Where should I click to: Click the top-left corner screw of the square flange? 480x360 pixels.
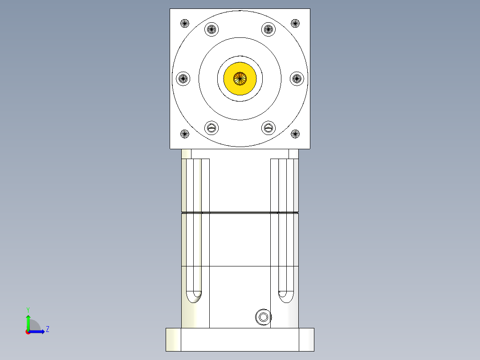tap(185, 23)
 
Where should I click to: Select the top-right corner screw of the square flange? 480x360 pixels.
tap(295, 23)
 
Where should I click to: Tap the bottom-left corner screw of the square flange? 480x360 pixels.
tap(185, 133)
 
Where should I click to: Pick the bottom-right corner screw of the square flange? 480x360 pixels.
tap(295, 133)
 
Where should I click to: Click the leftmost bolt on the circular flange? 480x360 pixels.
tap(183, 79)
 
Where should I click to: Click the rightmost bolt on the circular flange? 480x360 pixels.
tap(297, 79)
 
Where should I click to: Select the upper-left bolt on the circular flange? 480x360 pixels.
tap(212, 30)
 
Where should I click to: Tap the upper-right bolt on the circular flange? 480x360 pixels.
tap(268, 30)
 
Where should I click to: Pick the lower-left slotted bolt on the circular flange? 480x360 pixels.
tap(212, 128)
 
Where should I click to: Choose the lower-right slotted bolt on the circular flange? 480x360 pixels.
tap(268, 128)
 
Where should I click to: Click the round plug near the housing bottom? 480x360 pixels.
tap(263, 317)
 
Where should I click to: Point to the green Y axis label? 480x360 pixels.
tap(28, 310)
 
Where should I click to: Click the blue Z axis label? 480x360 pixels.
tap(47, 330)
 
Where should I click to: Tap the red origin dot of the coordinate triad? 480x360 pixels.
tap(28, 332)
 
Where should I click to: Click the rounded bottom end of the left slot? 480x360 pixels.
tap(194, 296)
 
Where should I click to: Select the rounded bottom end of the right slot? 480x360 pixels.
tap(285, 296)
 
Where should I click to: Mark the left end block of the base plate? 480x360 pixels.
tap(173, 340)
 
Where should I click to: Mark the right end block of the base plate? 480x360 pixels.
tap(306, 340)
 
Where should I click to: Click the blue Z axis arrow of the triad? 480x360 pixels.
tap(39, 331)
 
